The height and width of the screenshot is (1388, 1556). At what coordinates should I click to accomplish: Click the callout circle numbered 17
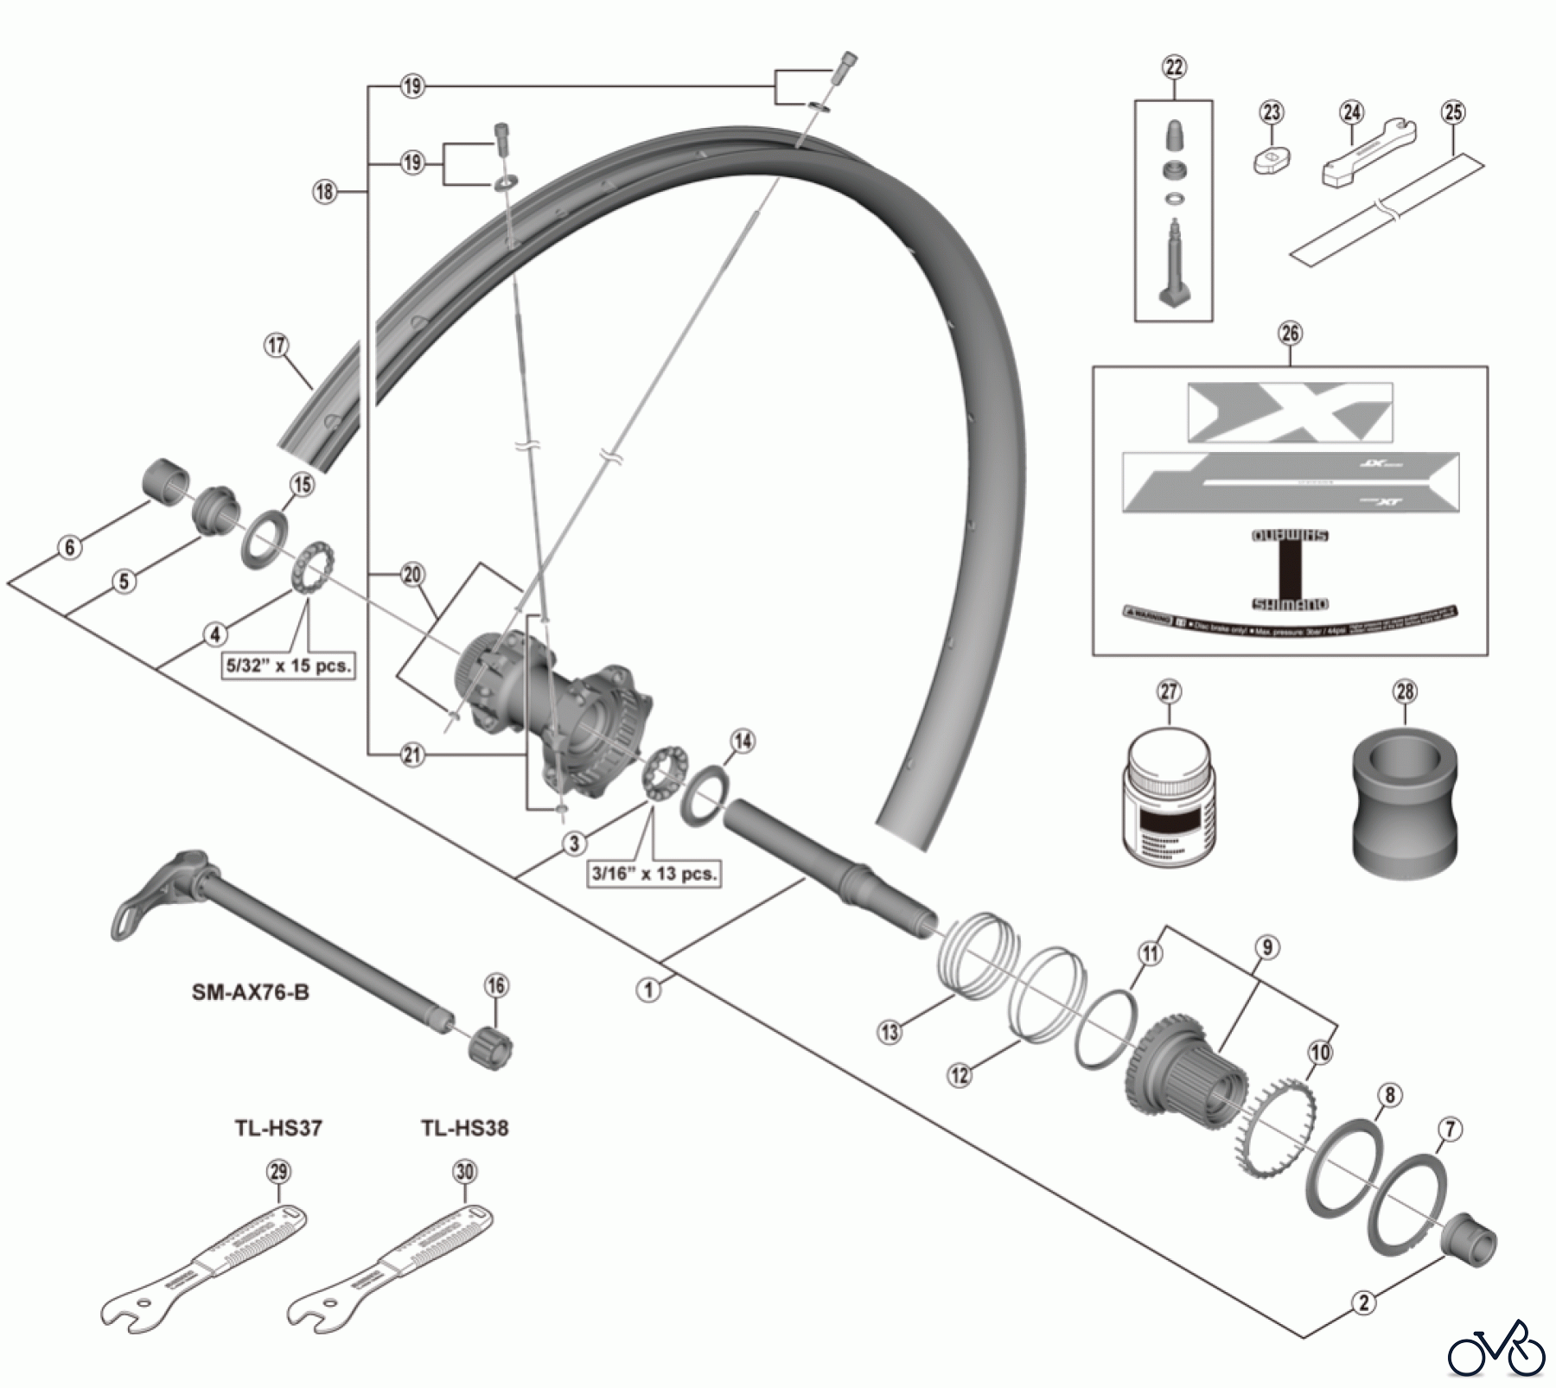[x=276, y=346]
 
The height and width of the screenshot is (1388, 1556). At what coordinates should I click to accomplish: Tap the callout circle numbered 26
[x=1290, y=334]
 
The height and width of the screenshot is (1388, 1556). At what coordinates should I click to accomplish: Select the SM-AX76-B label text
[x=251, y=992]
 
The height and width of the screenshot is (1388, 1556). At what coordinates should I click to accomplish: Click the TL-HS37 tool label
[x=278, y=1128]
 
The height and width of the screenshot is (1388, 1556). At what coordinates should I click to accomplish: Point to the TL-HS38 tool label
[x=465, y=1128]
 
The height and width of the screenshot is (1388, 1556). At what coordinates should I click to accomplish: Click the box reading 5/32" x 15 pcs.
[x=289, y=665]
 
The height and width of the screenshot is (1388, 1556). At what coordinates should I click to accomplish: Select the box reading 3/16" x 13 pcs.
[x=654, y=873]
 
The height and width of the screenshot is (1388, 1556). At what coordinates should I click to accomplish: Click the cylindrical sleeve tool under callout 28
[x=1405, y=794]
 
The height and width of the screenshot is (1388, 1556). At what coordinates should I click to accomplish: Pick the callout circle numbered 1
[x=648, y=990]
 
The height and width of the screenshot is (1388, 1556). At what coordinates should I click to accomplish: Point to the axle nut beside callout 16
[x=491, y=1048]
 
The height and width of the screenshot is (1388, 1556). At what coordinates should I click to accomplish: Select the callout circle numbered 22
[x=1174, y=67]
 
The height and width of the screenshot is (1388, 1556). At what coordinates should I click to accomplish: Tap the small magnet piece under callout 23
[x=1271, y=160]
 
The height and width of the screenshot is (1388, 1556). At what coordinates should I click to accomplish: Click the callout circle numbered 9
[x=1266, y=947]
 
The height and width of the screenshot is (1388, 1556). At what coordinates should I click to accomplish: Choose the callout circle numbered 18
[x=324, y=191]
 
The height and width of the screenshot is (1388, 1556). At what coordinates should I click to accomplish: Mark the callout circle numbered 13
[x=890, y=1031]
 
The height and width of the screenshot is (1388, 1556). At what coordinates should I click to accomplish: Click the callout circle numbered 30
[x=465, y=1172]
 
